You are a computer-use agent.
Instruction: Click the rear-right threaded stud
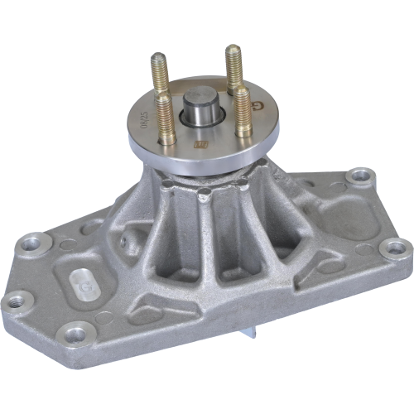[x=233, y=66]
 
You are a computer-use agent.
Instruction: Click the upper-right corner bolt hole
[x=357, y=176]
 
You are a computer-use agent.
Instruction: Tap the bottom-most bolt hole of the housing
[x=76, y=334]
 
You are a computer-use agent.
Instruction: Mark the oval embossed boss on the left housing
[x=82, y=280]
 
